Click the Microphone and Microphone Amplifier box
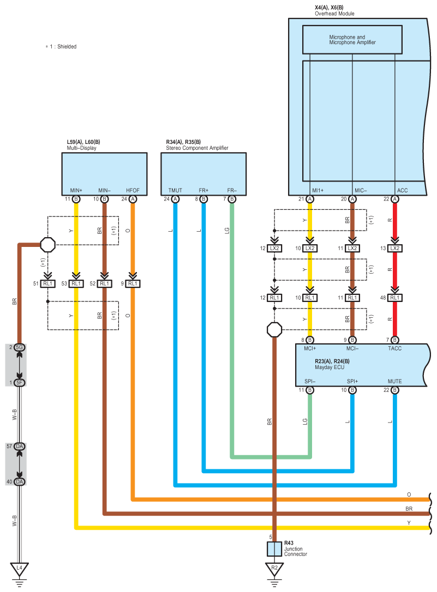(x=352, y=40)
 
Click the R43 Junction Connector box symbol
(x=274, y=549)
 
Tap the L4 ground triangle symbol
(x=19, y=569)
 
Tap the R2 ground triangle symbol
(x=274, y=569)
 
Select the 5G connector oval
(x=19, y=347)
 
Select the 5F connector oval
(x=19, y=383)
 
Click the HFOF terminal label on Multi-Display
(x=133, y=190)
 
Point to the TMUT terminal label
(x=175, y=190)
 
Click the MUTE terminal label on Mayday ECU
(x=394, y=382)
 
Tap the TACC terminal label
(x=394, y=348)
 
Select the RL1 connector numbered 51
(x=47, y=283)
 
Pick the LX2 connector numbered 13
(x=394, y=248)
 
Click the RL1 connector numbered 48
(x=394, y=298)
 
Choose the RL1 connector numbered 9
(x=133, y=283)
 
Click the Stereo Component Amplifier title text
(x=197, y=148)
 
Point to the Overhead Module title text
(x=334, y=14)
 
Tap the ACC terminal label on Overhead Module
(x=402, y=190)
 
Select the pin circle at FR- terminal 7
(x=232, y=199)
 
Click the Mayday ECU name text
(x=330, y=367)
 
